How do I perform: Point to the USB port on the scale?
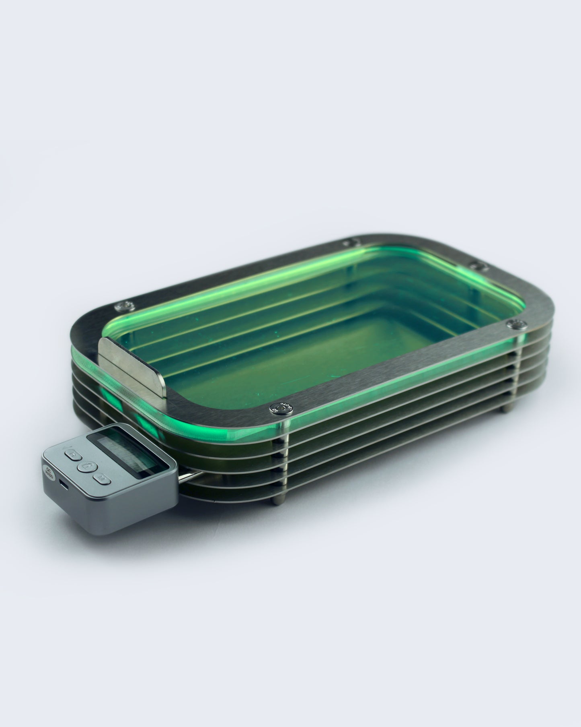(63, 484)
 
